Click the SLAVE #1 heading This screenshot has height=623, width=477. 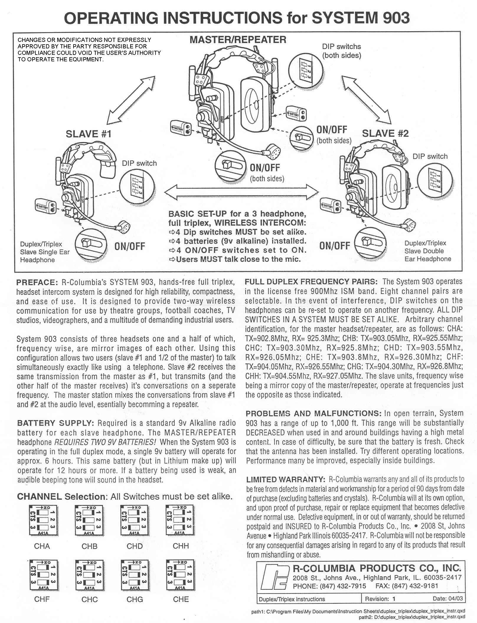click(x=88, y=134)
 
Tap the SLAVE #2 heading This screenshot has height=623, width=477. click(x=385, y=134)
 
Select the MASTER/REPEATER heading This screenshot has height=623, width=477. click(x=238, y=40)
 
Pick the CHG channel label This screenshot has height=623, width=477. click(x=135, y=599)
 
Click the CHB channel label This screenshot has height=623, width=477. click(x=89, y=546)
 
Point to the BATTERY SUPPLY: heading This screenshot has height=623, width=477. click(x=55, y=423)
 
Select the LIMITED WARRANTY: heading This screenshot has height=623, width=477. click(x=285, y=479)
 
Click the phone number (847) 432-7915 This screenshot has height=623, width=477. click(x=343, y=586)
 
